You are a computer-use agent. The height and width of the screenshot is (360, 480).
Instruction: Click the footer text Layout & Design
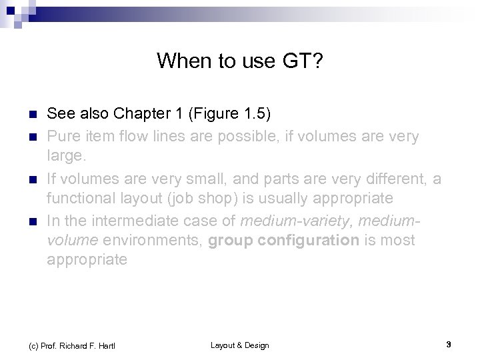240,345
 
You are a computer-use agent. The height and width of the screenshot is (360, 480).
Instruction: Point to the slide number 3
449,345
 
